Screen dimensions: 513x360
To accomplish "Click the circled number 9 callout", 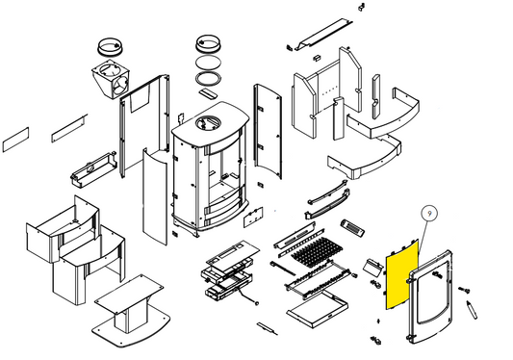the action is click(x=429, y=214).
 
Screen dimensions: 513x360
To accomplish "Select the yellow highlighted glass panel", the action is click(x=402, y=275).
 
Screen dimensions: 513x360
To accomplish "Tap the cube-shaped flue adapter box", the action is click(x=111, y=79).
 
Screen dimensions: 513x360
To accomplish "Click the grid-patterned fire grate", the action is click(x=316, y=251).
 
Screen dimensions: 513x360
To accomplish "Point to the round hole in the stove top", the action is click(x=208, y=123).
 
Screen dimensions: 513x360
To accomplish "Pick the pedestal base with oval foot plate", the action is click(x=132, y=311).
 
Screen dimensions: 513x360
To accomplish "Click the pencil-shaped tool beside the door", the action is click(x=472, y=309).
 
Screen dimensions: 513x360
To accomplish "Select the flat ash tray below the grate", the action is click(x=318, y=309).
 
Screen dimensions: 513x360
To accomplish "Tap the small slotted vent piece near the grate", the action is click(x=352, y=227).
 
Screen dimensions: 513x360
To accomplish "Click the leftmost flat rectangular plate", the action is click(x=15, y=140).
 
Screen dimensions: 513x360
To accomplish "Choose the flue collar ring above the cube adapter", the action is click(x=111, y=47).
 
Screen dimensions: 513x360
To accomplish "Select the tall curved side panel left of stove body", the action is click(x=155, y=196).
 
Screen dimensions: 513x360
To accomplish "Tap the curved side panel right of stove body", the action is click(x=268, y=131).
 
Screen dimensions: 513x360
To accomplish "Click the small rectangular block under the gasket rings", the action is click(x=208, y=93).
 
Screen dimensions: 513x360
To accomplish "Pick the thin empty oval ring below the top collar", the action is click(x=208, y=63).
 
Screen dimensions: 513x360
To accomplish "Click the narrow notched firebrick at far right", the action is click(x=376, y=97).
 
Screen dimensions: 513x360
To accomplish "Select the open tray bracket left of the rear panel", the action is click(x=93, y=169).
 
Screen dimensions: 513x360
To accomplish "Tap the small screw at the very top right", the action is click(x=362, y=6).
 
